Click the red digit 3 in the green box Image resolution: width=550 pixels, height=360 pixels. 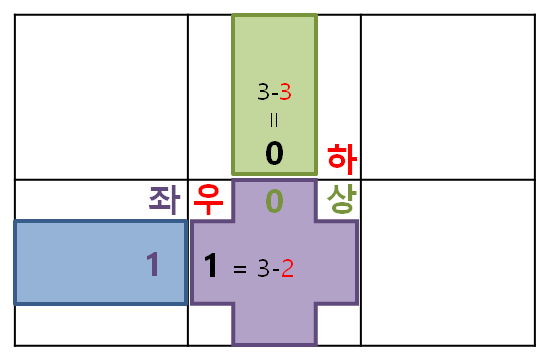coord(286,92)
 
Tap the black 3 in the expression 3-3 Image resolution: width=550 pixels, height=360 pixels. coord(263,92)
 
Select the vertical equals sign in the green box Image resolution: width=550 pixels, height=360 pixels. coord(274,120)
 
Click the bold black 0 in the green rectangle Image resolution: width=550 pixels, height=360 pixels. coord(274,154)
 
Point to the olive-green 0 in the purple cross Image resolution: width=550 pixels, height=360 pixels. coord(274,201)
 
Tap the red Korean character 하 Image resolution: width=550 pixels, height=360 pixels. coord(341,158)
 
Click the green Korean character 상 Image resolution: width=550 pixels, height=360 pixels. coord(341,199)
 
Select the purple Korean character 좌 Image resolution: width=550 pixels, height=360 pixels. coord(164,199)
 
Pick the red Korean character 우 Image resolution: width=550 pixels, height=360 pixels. coord(208,198)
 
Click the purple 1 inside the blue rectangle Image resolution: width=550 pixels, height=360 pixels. coord(153,264)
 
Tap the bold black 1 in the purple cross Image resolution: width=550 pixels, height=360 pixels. coord(211,266)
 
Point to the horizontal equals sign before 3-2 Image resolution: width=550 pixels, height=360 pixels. coord(240,269)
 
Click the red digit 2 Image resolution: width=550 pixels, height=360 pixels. coord(288,268)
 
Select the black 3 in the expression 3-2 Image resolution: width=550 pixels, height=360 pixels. coord(263,268)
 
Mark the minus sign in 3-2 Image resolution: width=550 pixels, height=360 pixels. coord(275,270)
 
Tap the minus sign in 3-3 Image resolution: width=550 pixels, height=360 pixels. coord(275,93)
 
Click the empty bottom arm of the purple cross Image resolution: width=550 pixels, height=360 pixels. coord(274,324)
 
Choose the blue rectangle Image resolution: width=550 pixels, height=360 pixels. coord(80,262)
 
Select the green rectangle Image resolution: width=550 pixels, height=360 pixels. coord(274,50)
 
